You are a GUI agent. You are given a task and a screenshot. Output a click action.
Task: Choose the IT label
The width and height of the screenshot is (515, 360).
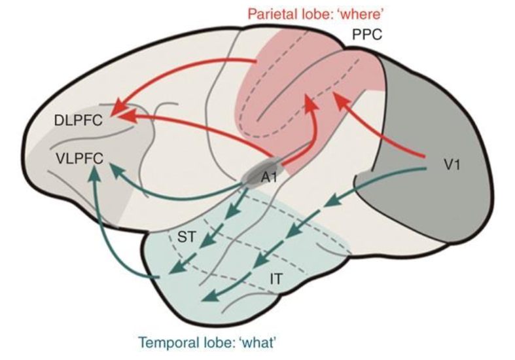pyautogui.click(x=277, y=278)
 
